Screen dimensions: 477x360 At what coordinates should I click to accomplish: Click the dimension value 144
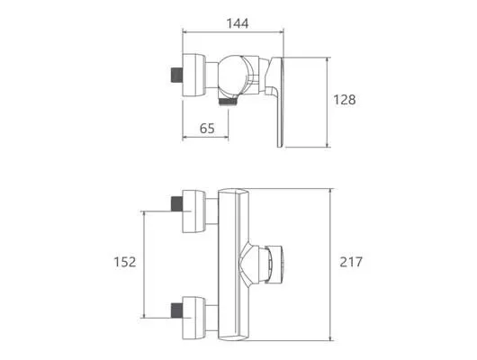pyautogui.click(x=238, y=23)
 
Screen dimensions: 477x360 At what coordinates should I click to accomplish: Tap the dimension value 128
pyautogui.click(x=345, y=100)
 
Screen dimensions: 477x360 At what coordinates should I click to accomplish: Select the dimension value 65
pyautogui.click(x=207, y=129)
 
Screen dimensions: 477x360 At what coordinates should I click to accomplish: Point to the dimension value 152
pyautogui.click(x=125, y=262)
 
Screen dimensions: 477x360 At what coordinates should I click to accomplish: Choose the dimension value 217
pyautogui.click(x=351, y=262)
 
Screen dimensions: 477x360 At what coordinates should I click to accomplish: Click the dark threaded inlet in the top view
pyautogui.click(x=176, y=75)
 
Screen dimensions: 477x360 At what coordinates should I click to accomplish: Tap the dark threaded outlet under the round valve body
pyautogui.click(x=229, y=102)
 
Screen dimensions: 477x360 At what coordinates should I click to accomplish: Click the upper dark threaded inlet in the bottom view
pyautogui.click(x=176, y=204)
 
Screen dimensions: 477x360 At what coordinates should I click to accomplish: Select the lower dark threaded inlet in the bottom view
pyautogui.click(x=176, y=310)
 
